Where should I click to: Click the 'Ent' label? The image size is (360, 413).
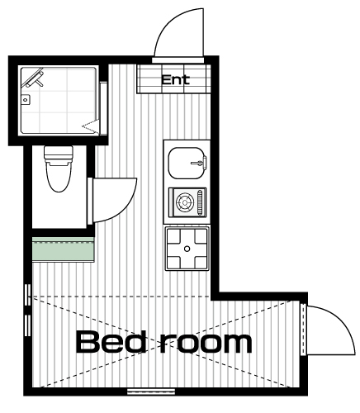tap(175, 80)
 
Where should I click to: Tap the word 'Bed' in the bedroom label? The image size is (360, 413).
tap(111, 342)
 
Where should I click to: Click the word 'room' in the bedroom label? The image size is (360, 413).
tap(206, 344)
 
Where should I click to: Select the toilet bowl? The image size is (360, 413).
tap(59, 177)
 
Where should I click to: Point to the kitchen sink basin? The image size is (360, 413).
tap(187, 163)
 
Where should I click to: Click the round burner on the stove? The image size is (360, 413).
tap(184, 202)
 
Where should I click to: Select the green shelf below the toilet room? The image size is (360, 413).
tap(64, 249)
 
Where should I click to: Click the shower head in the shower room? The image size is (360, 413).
tap(34, 78)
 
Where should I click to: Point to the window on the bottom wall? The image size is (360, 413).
tap(151, 392)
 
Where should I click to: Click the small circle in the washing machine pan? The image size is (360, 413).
tap(187, 249)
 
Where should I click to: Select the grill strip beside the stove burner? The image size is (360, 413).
tap(201, 202)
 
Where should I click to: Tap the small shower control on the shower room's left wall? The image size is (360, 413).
tap(26, 99)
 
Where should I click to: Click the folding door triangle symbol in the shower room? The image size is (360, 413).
tap(90, 127)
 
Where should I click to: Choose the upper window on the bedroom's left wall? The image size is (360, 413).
tap(28, 295)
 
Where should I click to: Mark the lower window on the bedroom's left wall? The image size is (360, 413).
tap(28, 325)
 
